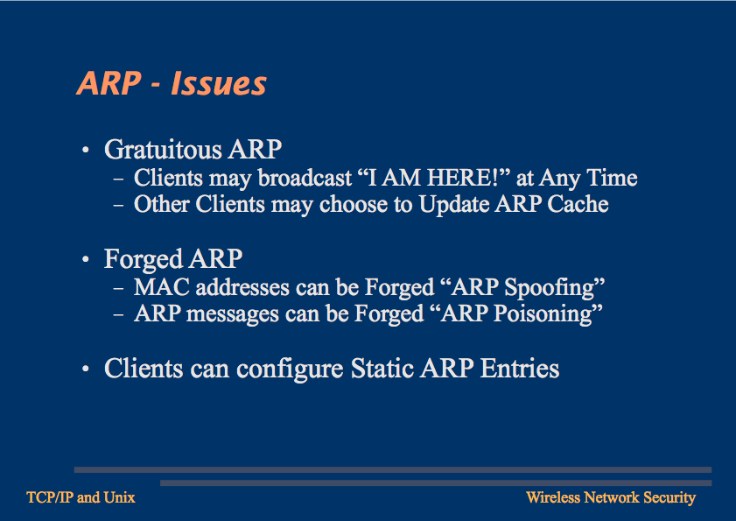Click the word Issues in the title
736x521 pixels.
(219, 84)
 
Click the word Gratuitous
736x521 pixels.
(163, 150)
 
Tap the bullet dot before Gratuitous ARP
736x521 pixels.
(86, 151)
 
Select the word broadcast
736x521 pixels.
(305, 178)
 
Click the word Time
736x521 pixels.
(612, 178)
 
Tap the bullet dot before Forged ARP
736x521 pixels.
(86, 260)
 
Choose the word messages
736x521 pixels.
(233, 314)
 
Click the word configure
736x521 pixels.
(290, 370)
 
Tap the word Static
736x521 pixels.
(382, 369)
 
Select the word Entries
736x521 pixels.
(520, 369)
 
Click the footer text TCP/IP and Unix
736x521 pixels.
(81, 497)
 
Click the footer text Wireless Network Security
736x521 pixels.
(611, 497)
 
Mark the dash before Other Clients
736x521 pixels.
(118, 206)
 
